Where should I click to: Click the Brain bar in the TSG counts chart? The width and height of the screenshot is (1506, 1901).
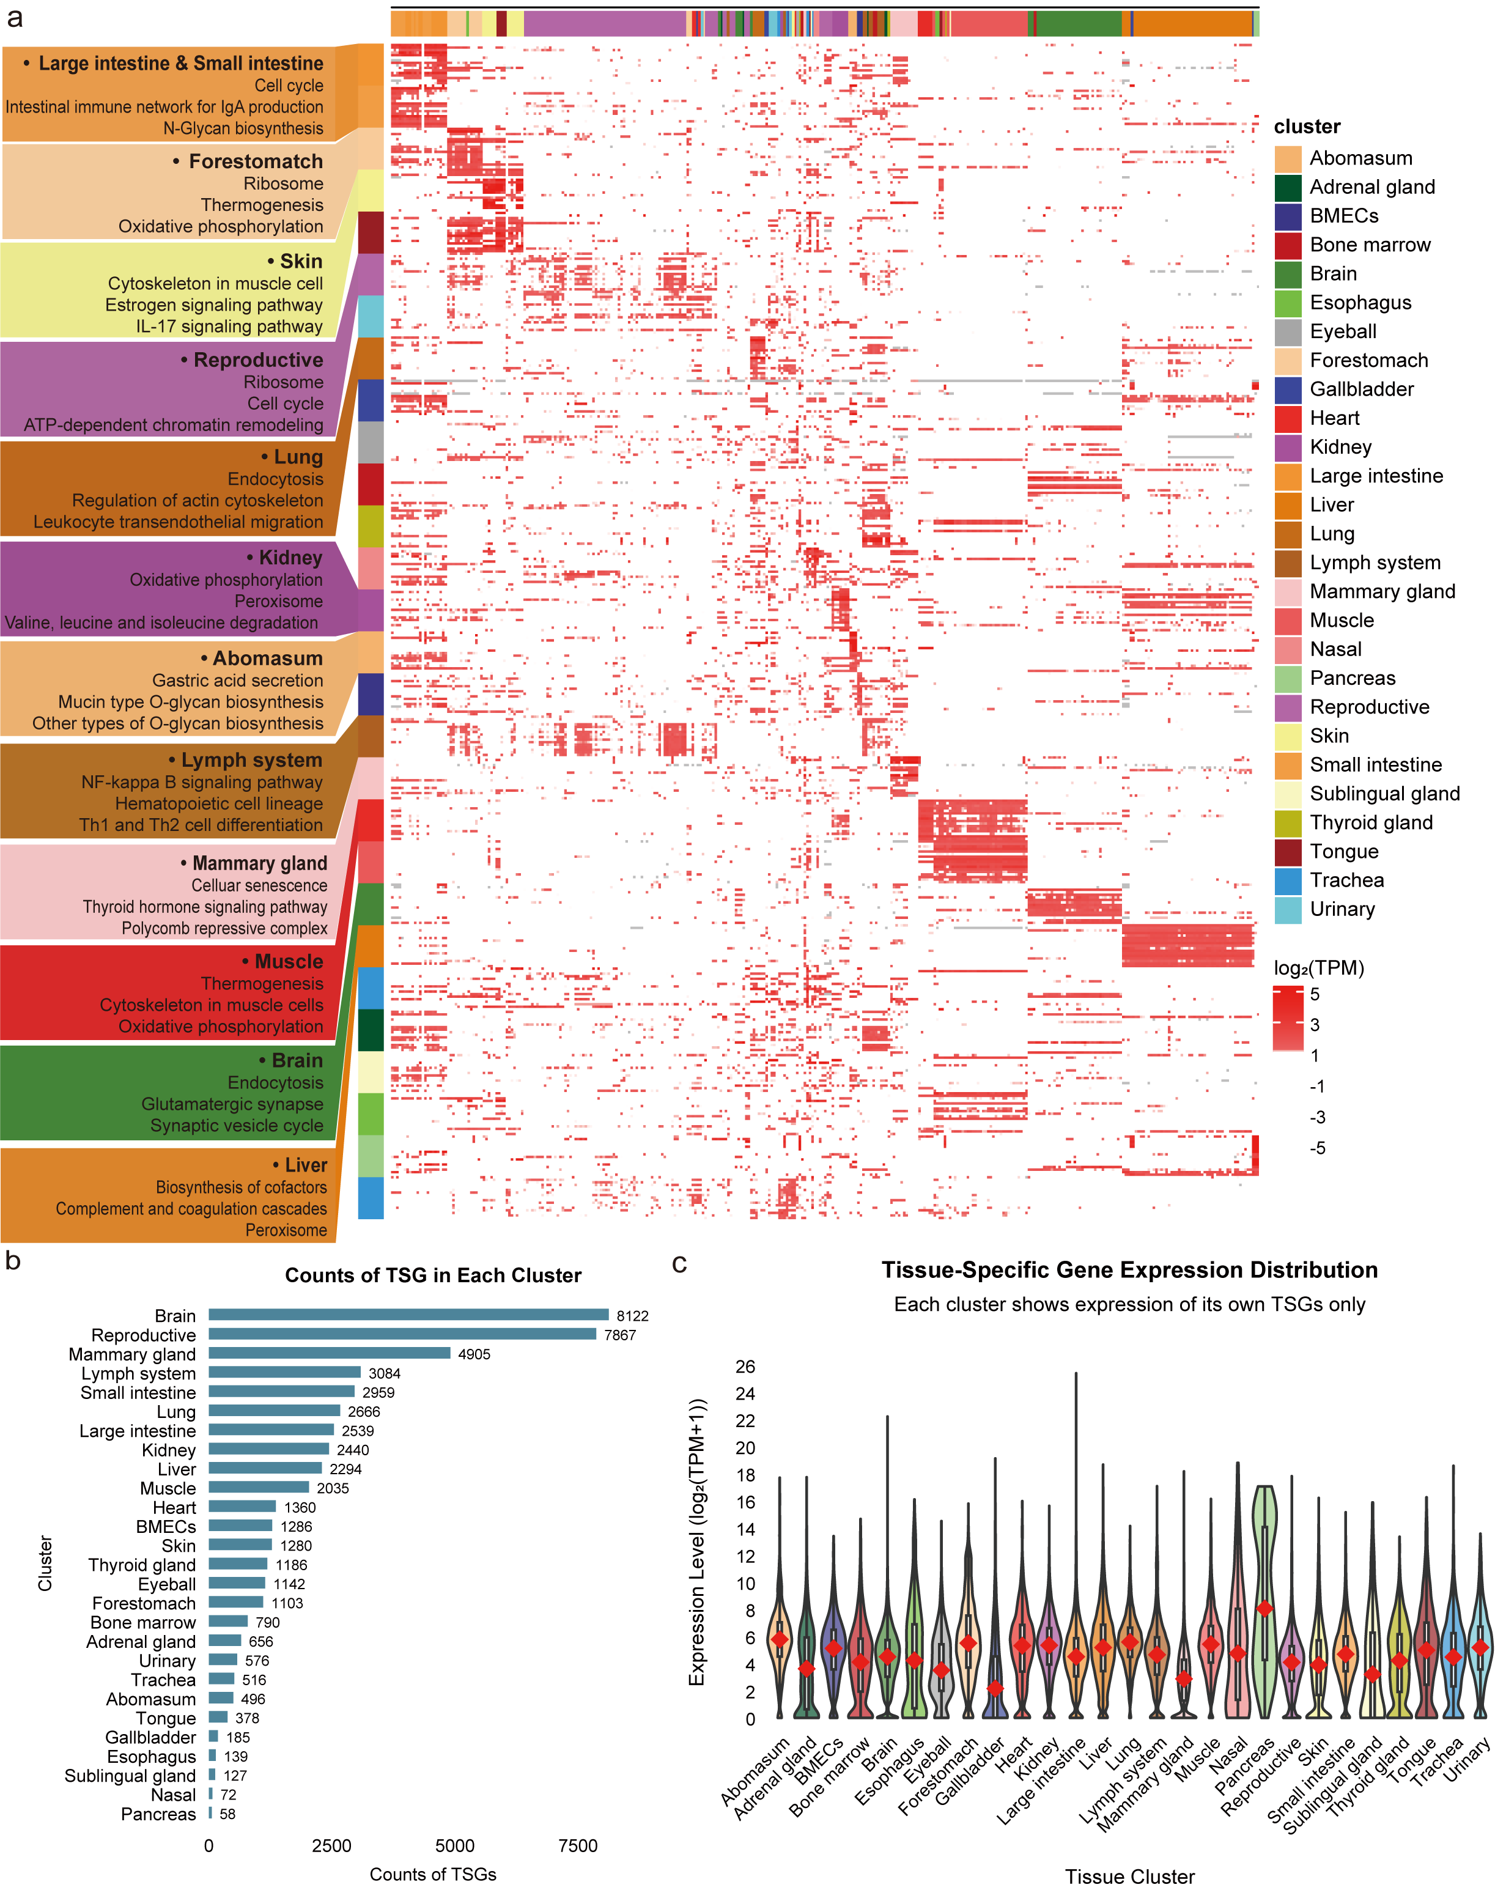[408, 1315]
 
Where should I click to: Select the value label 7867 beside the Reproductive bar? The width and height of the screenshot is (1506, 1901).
[620, 1335]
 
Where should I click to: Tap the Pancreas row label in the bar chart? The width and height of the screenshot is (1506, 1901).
[159, 1814]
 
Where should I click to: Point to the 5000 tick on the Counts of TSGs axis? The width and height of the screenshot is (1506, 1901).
[455, 1845]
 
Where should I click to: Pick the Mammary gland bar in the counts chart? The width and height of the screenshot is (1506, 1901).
[330, 1354]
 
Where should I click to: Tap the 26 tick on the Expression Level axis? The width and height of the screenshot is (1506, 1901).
[745, 1367]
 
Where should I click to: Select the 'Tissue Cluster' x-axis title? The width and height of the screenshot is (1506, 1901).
[1129, 1877]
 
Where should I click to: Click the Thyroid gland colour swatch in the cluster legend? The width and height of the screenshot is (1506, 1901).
[1288, 822]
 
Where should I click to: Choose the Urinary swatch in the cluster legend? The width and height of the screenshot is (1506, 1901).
[1288, 909]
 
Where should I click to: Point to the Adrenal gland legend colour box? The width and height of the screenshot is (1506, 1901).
[1288, 187]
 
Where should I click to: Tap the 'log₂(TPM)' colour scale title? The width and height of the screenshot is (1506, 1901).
[1318, 968]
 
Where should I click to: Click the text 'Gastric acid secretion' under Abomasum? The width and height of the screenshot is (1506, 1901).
[237, 681]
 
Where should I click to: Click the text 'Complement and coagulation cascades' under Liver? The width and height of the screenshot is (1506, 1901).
[191, 1209]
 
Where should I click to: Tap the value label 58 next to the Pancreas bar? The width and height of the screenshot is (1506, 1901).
[227, 1814]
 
